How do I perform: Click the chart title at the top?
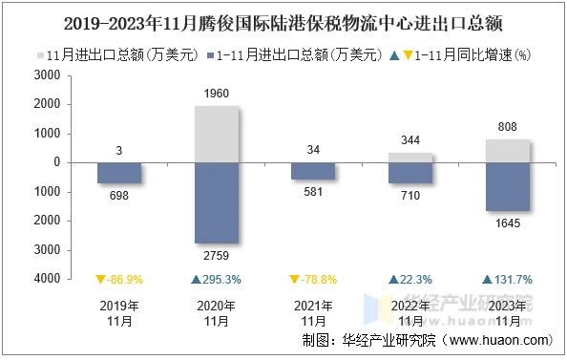[x=283, y=19]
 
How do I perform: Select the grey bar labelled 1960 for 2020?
[x=216, y=134]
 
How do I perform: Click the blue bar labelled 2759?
[x=216, y=202]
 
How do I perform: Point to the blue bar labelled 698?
[x=119, y=173]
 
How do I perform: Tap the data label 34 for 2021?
[x=312, y=149]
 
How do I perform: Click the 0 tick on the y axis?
[x=57, y=162]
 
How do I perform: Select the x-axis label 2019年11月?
[x=119, y=313]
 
